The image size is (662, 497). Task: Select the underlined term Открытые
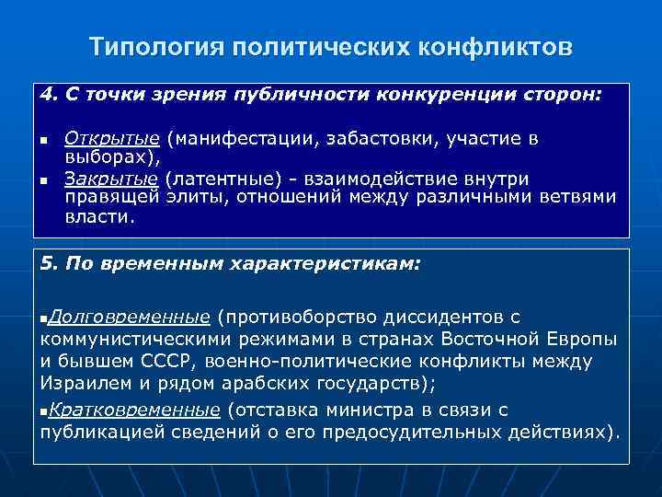(x=112, y=138)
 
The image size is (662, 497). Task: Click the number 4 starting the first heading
(x=46, y=94)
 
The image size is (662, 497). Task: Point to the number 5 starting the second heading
(x=46, y=263)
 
